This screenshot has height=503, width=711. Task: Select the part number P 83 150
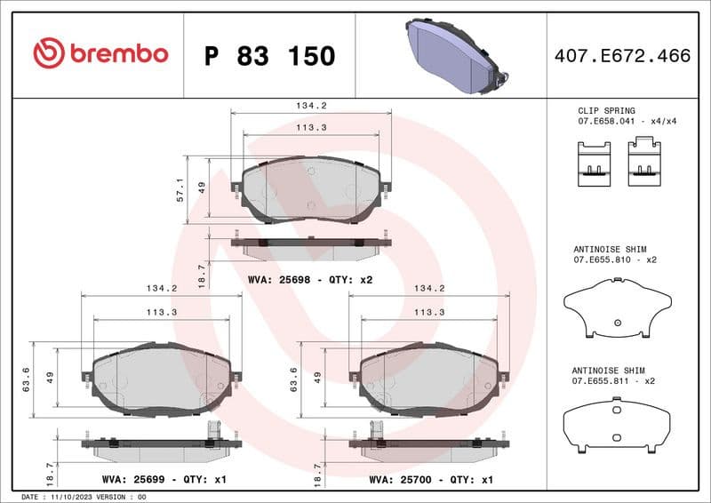pos(269,56)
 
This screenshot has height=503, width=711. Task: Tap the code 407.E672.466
pos(621,56)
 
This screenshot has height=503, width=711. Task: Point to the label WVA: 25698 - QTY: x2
pos(310,279)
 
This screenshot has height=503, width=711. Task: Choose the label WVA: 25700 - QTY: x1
pos(431,478)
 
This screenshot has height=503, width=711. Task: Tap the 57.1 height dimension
pos(180,188)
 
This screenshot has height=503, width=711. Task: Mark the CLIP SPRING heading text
pos(607,110)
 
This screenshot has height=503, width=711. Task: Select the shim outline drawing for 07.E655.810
pos(616,307)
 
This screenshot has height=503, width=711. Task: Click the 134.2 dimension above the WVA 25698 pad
pos(311,105)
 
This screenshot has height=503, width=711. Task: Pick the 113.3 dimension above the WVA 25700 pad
pos(429,312)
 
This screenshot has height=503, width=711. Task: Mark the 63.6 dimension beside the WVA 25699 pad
pos(27,379)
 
